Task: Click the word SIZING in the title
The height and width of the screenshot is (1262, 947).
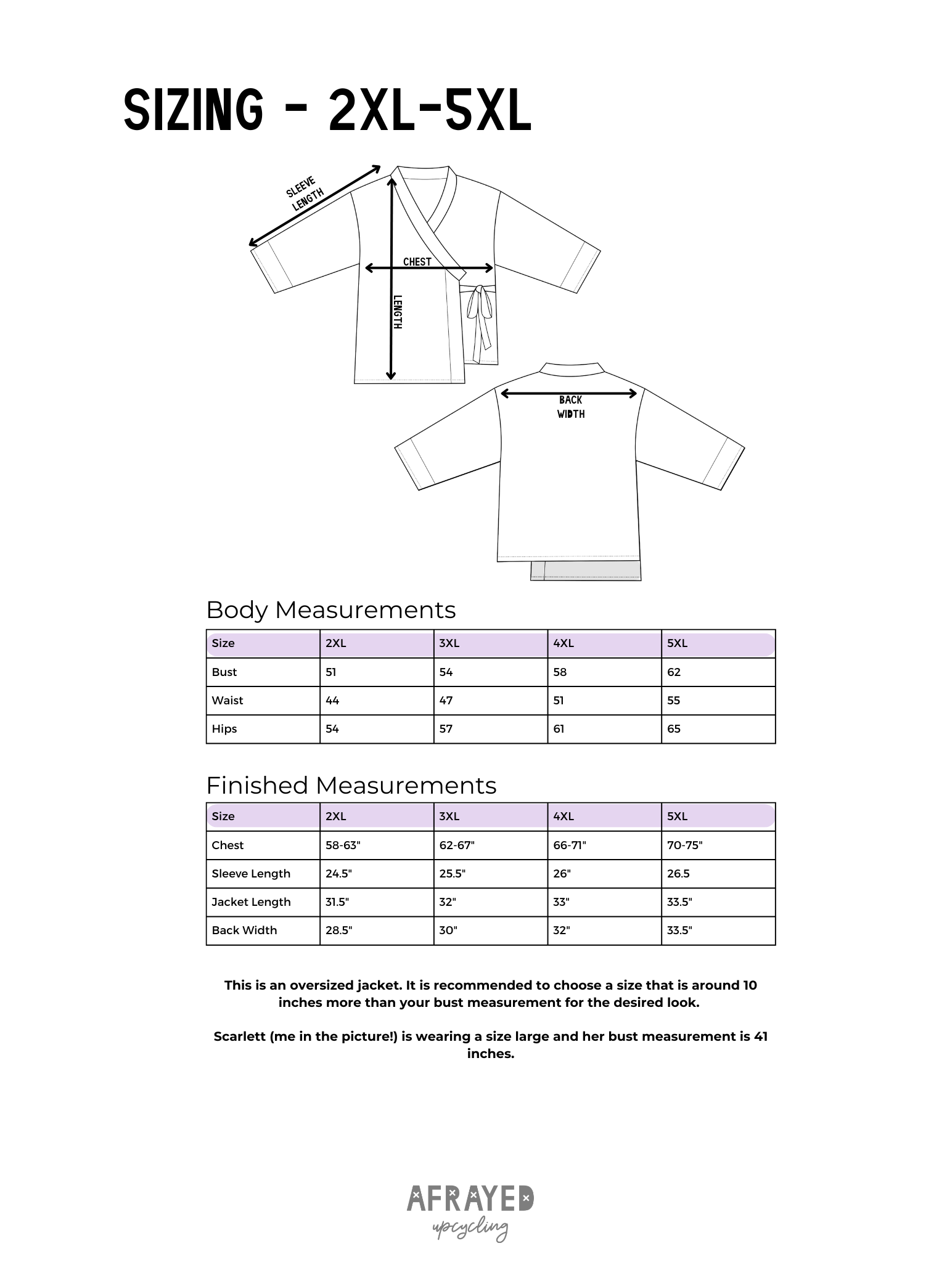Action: pyautogui.click(x=193, y=112)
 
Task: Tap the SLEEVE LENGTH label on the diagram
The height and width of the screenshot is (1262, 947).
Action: pyautogui.click(x=305, y=193)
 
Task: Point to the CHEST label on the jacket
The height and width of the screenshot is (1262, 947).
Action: pyautogui.click(x=417, y=262)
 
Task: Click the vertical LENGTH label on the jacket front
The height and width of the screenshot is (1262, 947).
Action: pyautogui.click(x=398, y=311)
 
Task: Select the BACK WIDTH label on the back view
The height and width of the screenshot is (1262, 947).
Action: pyautogui.click(x=571, y=407)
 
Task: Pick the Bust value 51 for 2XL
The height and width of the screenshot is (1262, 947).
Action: pyautogui.click(x=331, y=672)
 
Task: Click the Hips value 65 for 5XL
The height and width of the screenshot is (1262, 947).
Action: pyautogui.click(x=674, y=729)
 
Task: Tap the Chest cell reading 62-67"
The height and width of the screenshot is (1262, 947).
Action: pyautogui.click(x=457, y=845)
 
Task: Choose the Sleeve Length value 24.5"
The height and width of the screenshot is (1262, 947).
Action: pyautogui.click(x=338, y=874)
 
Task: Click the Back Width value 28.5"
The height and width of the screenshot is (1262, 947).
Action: pyautogui.click(x=338, y=930)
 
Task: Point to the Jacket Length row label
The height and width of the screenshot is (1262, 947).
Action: pyautogui.click(x=251, y=902)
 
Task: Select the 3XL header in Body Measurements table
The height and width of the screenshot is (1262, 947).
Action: pyautogui.click(x=449, y=643)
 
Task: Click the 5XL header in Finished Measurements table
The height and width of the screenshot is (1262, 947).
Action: pyautogui.click(x=677, y=816)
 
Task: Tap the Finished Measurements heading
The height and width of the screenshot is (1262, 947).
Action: pyautogui.click(x=351, y=786)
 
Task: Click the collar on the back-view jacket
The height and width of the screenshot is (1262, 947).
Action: pyautogui.click(x=570, y=368)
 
